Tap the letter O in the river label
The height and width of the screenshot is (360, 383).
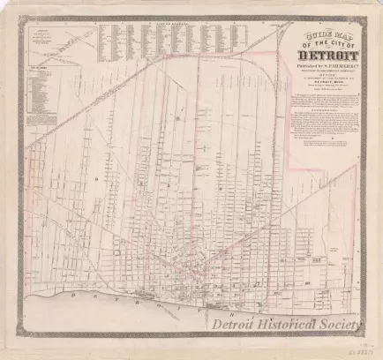tap(154, 309)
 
